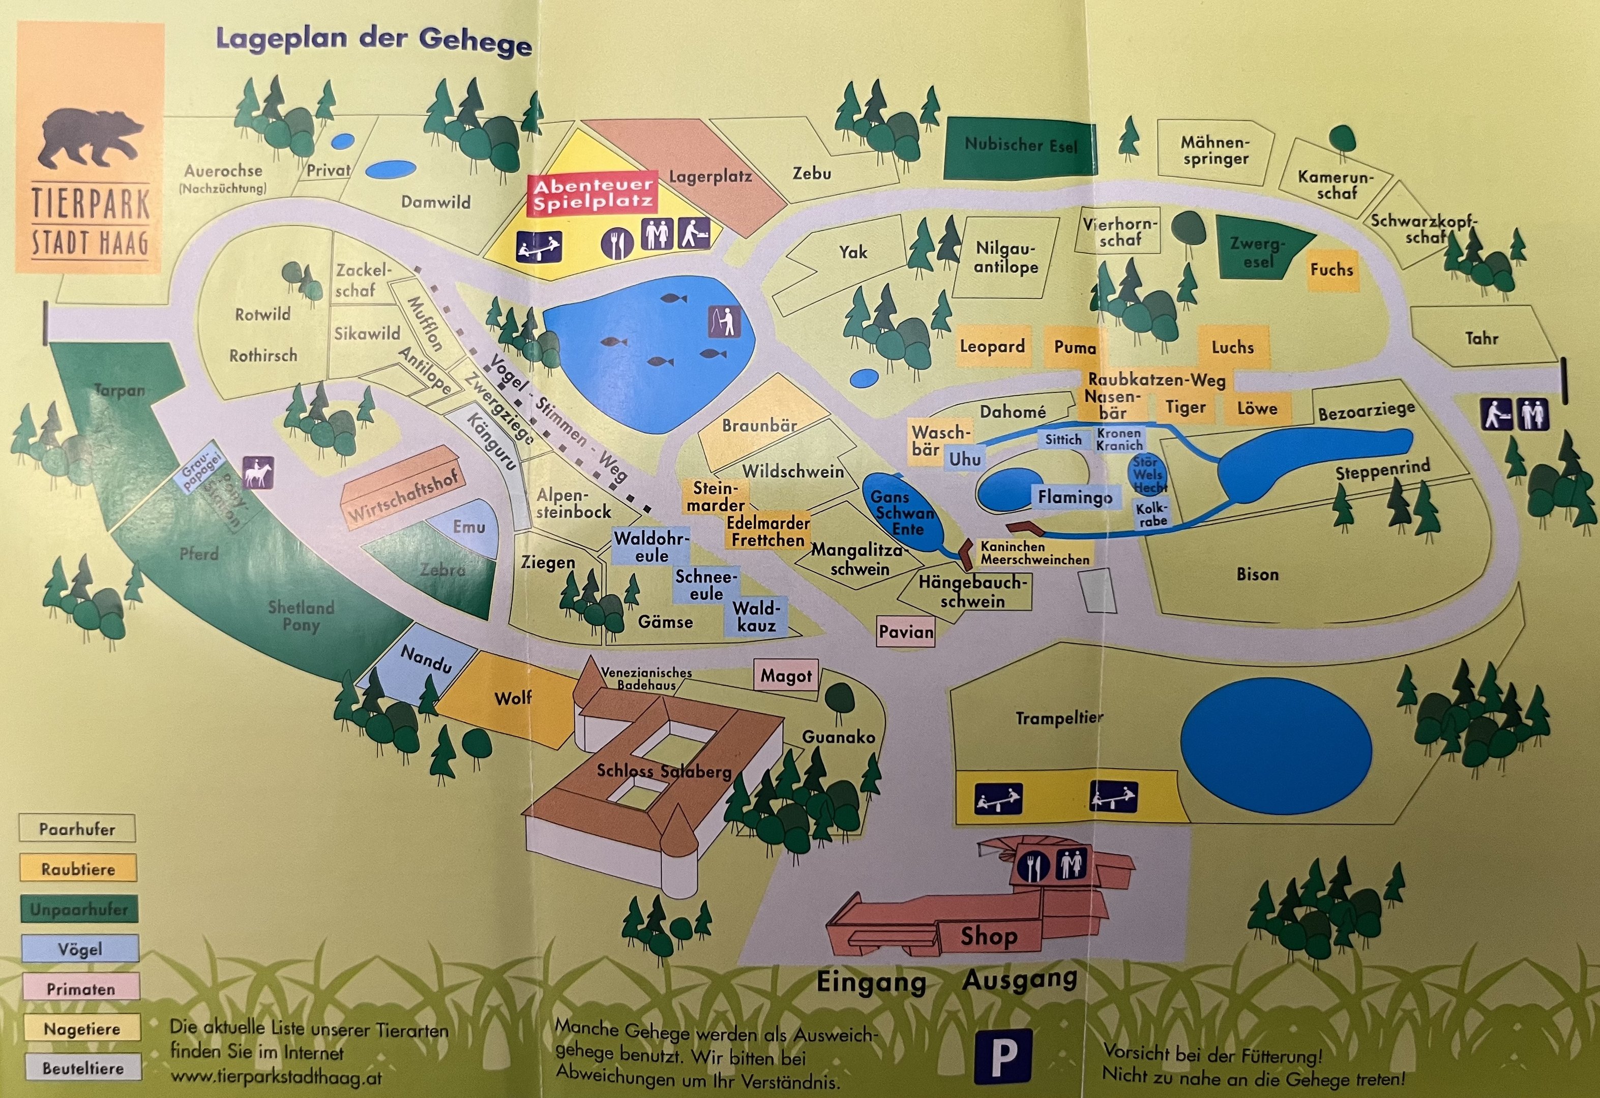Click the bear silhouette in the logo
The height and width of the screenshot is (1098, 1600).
[89, 138]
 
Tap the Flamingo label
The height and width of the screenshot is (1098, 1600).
[1075, 496]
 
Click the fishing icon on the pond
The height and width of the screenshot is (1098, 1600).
[724, 321]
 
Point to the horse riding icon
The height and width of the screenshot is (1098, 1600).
[258, 473]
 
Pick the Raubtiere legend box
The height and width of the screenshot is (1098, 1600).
[78, 869]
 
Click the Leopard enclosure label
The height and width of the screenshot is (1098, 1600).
[992, 346]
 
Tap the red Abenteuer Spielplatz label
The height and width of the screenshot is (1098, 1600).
[592, 194]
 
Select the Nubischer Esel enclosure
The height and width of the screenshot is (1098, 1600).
[1020, 145]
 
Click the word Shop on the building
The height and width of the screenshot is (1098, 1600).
[989, 936]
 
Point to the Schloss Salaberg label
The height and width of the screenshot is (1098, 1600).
[664, 771]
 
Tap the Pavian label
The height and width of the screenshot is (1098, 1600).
[906, 631]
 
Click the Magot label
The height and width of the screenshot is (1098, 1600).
[786, 676]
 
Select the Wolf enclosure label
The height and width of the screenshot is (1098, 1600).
[513, 698]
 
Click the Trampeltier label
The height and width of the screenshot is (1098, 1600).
[1059, 718]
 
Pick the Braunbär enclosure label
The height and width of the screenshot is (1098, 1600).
[759, 425]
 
